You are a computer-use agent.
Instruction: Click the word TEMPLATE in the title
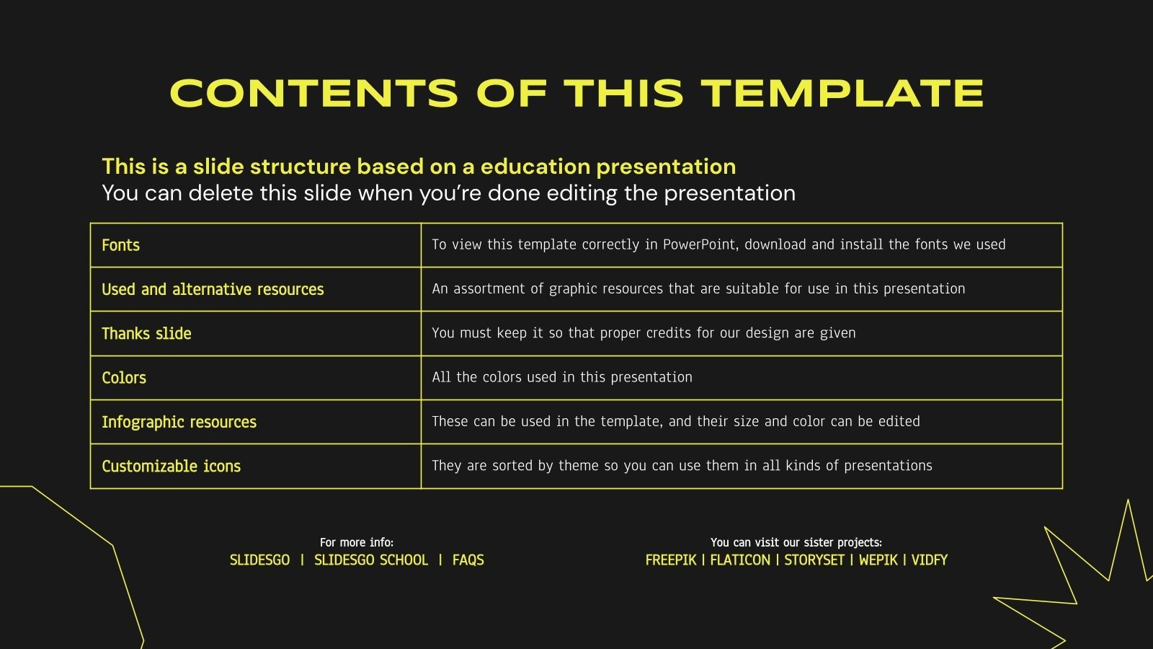click(843, 94)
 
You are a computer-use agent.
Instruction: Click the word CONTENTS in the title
click(314, 94)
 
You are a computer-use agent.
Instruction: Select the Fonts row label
click(120, 245)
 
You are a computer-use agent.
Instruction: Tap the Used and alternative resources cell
click(213, 289)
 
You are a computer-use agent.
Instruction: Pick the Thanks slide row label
click(146, 333)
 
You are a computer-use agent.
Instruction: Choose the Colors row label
click(124, 378)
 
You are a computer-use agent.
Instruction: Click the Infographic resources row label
click(179, 422)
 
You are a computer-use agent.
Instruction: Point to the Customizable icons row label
click(171, 466)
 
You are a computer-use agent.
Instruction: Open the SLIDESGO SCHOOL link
click(371, 560)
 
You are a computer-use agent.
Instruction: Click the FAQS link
click(468, 560)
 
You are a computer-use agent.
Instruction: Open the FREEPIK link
click(671, 560)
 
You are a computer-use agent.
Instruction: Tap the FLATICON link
click(740, 560)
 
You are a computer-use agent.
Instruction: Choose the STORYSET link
click(814, 560)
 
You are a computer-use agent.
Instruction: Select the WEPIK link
click(878, 560)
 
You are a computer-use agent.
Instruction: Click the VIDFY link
click(930, 560)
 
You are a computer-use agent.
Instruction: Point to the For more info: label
click(357, 542)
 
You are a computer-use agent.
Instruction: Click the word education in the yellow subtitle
click(535, 167)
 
